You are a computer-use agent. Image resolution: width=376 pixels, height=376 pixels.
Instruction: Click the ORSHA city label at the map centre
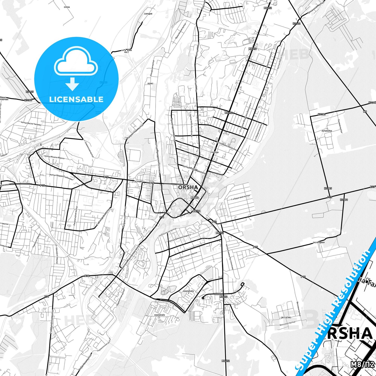click(x=188, y=187)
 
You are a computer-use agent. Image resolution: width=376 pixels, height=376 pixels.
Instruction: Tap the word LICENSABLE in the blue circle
click(x=76, y=99)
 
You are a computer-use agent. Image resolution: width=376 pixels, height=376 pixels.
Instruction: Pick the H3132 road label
click(x=296, y=24)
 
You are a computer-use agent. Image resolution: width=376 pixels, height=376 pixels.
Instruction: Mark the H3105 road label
click(x=30, y=92)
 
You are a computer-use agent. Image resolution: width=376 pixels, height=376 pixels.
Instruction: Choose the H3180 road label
click(x=28, y=100)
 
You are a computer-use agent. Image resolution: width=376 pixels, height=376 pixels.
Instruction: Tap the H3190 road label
click(x=344, y=200)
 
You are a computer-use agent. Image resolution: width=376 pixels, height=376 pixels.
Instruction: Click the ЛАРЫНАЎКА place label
click(x=327, y=131)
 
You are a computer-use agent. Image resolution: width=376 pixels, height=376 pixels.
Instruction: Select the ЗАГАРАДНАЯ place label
click(x=318, y=243)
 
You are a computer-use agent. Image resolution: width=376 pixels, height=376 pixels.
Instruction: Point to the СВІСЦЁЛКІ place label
click(x=286, y=317)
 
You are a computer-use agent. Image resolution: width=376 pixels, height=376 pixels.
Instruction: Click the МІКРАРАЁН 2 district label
click(x=188, y=292)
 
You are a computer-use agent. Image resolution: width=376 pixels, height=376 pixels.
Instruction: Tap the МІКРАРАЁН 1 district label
click(x=160, y=316)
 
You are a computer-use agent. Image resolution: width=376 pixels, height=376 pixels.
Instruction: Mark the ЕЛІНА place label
click(x=67, y=7)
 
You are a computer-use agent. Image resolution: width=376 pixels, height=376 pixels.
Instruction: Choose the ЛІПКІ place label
click(x=150, y=84)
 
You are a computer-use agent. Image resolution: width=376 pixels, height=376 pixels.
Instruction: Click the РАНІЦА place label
click(x=215, y=152)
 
